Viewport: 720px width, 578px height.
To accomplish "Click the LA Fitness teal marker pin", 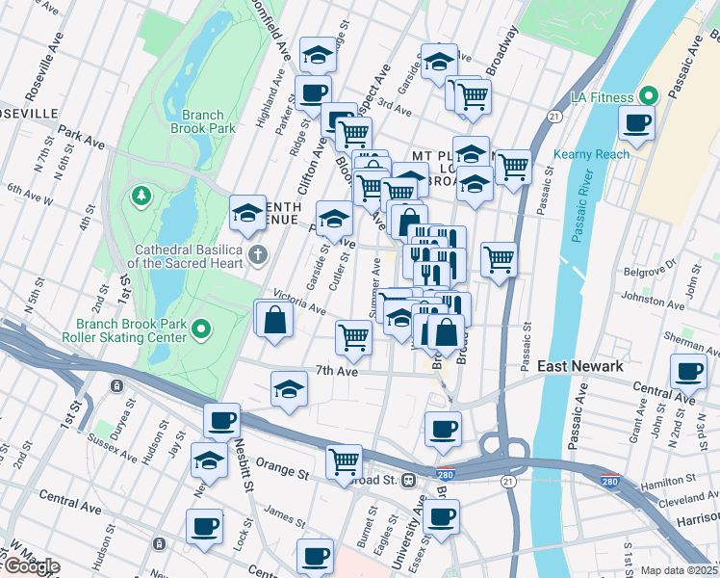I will tap(649, 96).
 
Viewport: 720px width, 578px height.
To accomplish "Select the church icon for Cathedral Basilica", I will tap(256, 255).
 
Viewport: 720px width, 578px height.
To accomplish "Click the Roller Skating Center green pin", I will tap(201, 329).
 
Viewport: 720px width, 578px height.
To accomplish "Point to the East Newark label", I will tap(579, 366).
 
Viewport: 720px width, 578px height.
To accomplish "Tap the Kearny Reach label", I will tap(591, 154).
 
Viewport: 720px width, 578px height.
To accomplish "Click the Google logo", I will tap(31, 566).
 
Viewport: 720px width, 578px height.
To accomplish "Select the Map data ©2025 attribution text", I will tap(679, 570).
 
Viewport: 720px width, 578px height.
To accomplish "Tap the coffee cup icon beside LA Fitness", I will tap(637, 123).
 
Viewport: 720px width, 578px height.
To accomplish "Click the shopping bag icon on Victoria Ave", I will tap(274, 320).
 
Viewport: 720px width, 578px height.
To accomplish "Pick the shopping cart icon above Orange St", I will tap(344, 461).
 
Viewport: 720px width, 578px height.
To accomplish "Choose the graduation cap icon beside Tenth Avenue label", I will tap(247, 213).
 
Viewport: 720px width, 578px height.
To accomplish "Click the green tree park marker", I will tap(142, 197).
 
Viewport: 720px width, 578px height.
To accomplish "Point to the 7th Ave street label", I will tap(336, 371).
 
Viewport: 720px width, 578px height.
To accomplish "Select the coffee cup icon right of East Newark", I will tap(688, 371).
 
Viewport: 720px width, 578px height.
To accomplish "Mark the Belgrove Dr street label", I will tap(645, 272).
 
